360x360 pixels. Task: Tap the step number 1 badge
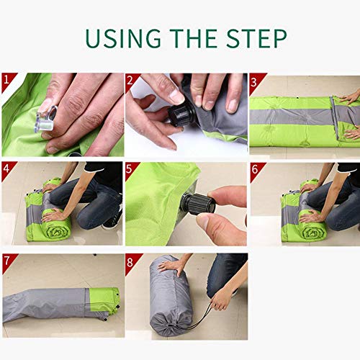click(8, 80)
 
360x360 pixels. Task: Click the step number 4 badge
click(8, 169)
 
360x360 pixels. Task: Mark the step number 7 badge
click(8, 260)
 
